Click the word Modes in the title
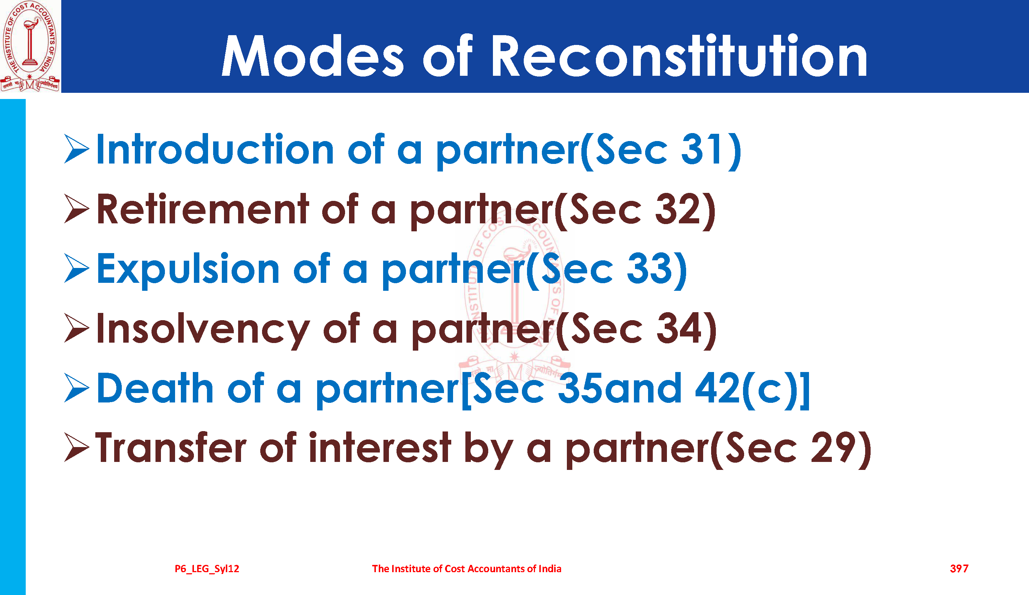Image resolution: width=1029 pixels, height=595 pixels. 313,55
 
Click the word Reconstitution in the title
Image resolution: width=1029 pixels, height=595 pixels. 680,55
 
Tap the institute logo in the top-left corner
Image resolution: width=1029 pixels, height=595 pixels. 30,46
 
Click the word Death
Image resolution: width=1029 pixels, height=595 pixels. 155,388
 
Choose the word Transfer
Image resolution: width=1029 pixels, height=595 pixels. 171,447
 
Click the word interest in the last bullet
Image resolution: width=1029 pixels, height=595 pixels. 380,447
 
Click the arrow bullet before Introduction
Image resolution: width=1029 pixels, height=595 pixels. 77,149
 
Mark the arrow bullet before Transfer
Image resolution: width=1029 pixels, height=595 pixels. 77,447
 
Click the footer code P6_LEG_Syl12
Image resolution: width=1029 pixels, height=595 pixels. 207,569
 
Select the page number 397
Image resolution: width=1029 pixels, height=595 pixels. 959,569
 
